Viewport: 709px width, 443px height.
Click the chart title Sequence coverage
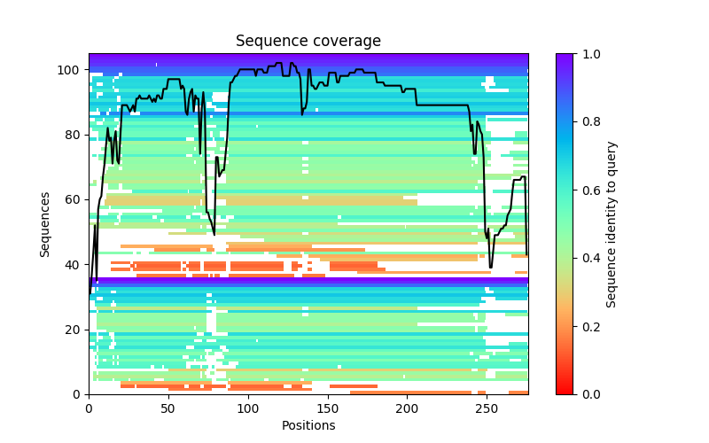click(308, 41)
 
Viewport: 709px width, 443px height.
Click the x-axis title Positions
click(308, 425)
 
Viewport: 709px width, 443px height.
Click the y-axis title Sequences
click(45, 224)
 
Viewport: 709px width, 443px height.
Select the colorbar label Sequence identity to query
click(612, 224)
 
